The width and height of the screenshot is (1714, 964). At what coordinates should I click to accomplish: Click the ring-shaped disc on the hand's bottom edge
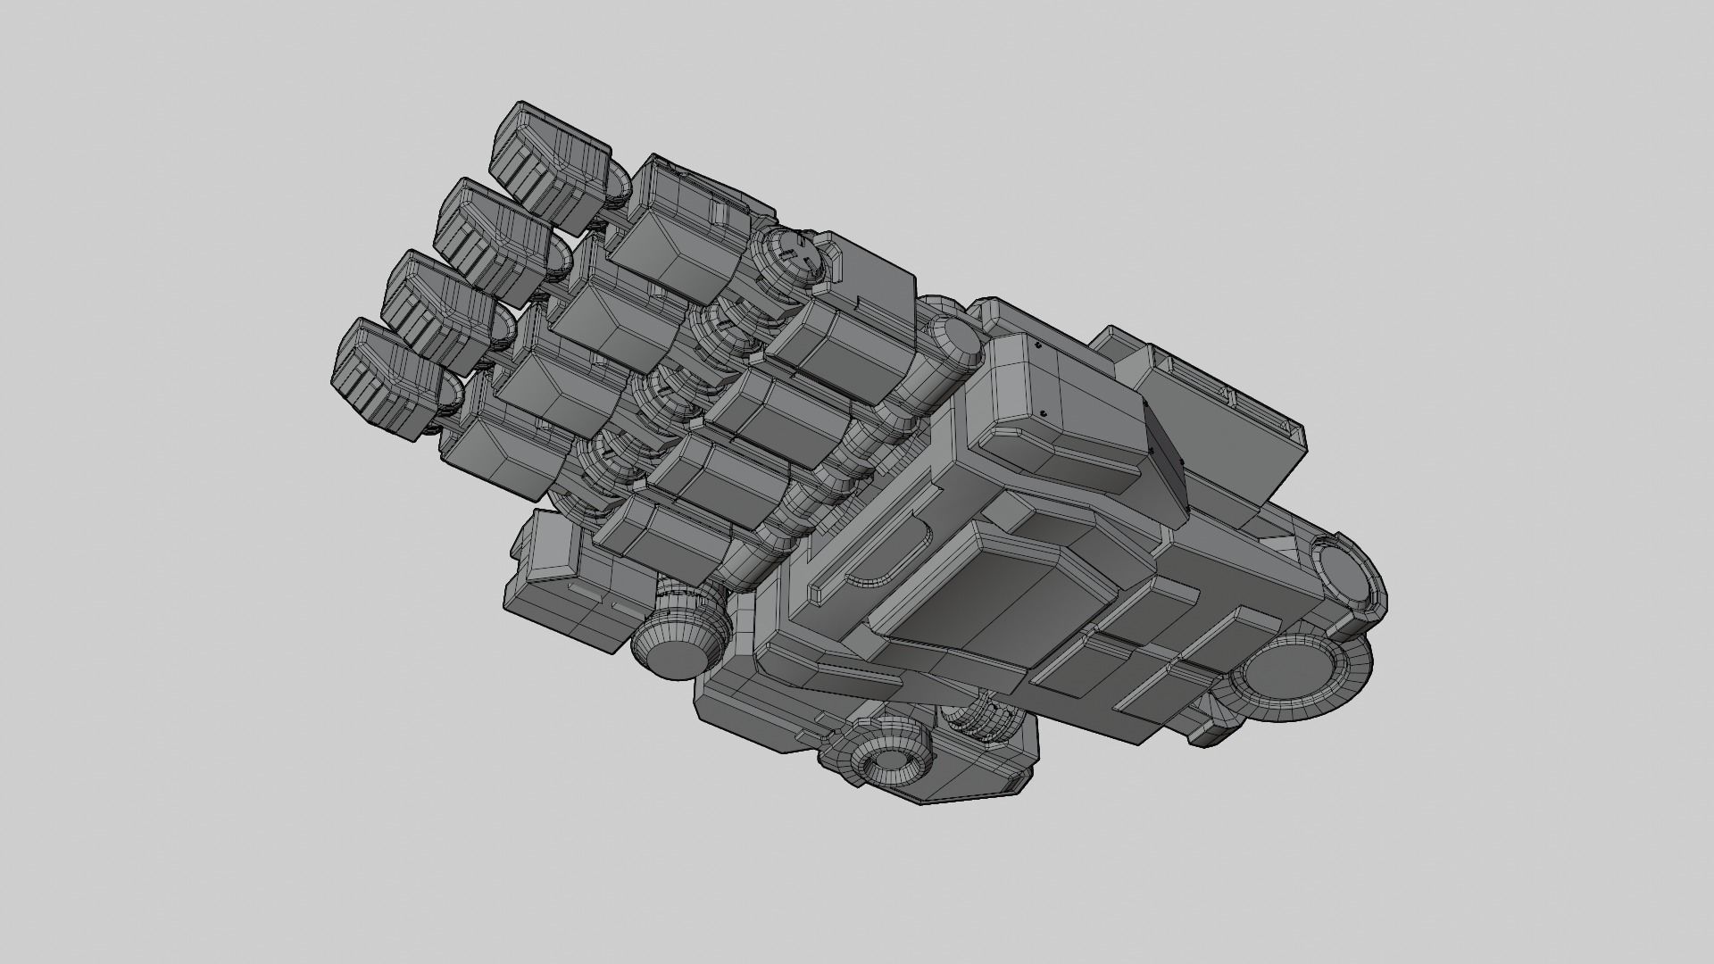[888, 746]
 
